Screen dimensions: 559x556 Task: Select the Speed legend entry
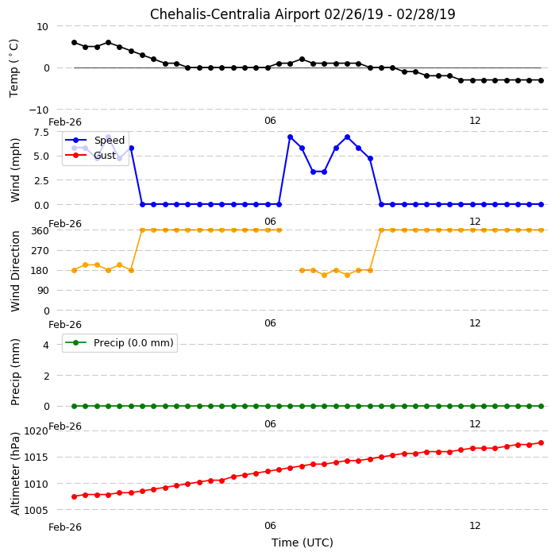tap(94, 140)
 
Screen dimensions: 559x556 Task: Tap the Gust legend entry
tap(91, 156)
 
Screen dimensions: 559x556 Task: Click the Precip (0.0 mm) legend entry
tap(119, 342)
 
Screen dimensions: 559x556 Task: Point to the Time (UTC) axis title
tap(303, 542)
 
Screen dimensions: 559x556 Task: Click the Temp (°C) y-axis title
tap(14, 68)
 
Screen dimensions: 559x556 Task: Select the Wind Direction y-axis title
tap(15, 271)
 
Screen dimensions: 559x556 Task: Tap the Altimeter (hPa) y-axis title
tap(15, 473)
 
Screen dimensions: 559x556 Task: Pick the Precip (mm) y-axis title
tap(15, 372)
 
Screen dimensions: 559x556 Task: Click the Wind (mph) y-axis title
tap(15, 170)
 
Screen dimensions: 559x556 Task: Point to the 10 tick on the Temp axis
tap(42, 27)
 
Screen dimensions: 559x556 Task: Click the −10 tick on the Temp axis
tap(38, 110)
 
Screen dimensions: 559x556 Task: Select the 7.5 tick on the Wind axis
tap(41, 133)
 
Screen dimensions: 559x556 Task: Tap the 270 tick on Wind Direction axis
tap(40, 251)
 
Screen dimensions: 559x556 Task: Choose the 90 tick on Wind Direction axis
tap(43, 291)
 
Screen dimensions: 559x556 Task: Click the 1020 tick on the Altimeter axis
tap(36, 431)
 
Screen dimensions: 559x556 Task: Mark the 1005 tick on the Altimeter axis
tap(36, 511)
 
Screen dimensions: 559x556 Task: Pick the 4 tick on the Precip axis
tap(46, 345)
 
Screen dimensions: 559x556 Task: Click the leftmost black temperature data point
tap(74, 42)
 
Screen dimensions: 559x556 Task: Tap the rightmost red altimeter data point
tap(541, 442)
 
